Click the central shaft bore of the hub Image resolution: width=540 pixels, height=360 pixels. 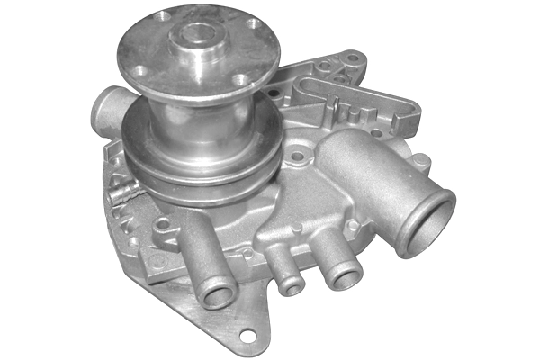194,38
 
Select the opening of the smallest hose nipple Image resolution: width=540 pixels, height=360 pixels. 292,286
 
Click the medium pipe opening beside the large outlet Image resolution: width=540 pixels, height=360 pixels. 342,276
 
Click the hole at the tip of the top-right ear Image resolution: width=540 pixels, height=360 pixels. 354,59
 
